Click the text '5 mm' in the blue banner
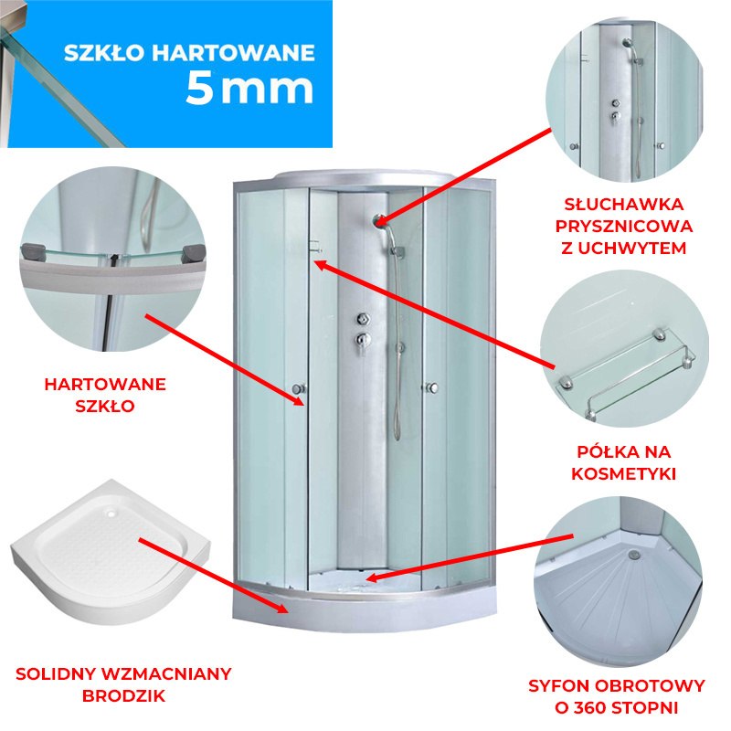tap(249, 89)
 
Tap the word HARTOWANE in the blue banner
tap(234, 53)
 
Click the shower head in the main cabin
tap(378, 220)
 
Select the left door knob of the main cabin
tap(298, 388)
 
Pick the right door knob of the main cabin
tap(432, 387)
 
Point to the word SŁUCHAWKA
tap(624, 204)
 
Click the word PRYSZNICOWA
tap(624, 226)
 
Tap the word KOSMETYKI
tap(624, 473)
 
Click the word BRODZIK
tap(123, 696)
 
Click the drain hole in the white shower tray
tap(111, 514)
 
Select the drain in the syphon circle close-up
tap(633, 555)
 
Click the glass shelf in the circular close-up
tap(627, 373)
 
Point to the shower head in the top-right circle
tap(628, 43)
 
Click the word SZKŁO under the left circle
tap(105, 406)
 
